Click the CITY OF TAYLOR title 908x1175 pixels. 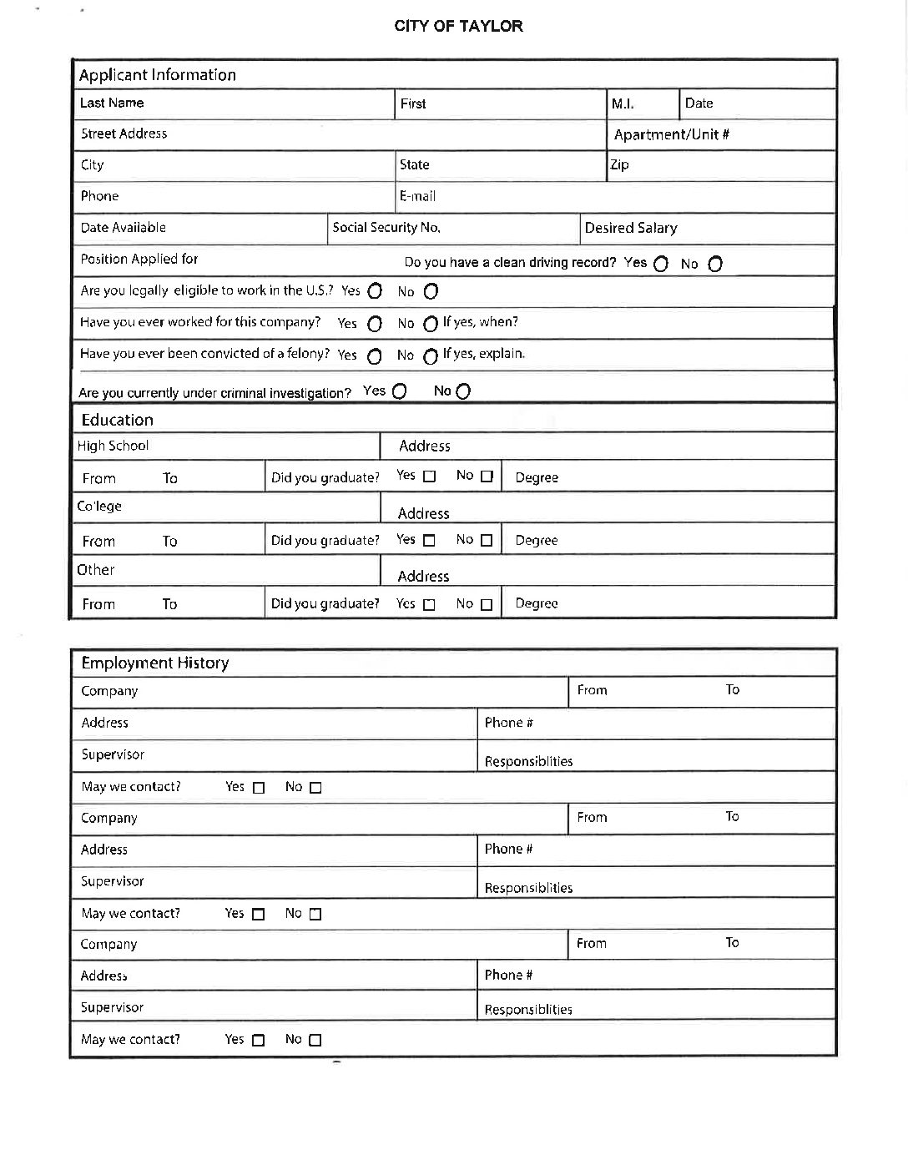(458, 26)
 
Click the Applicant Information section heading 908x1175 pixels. (157, 75)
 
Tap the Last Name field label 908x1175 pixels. (112, 103)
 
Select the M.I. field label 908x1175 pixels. (623, 103)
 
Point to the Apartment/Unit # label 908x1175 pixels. (672, 134)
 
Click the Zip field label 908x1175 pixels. (619, 164)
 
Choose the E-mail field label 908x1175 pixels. (417, 196)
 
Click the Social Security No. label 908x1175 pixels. (386, 227)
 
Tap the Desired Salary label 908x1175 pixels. (631, 228)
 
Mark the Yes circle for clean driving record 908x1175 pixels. (661, 264)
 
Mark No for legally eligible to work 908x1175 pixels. (431, 291)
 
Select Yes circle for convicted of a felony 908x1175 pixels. (375, 356)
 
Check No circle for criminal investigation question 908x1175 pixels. (463, 391)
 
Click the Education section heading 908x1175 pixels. (117, 420)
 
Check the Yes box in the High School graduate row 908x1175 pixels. (429, 477)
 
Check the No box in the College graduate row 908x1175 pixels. (487, 540)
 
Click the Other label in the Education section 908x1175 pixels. (96, 570)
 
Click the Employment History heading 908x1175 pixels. (154, 663)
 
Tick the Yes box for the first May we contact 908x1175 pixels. (259, 787)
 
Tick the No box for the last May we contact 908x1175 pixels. (315, 1040)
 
